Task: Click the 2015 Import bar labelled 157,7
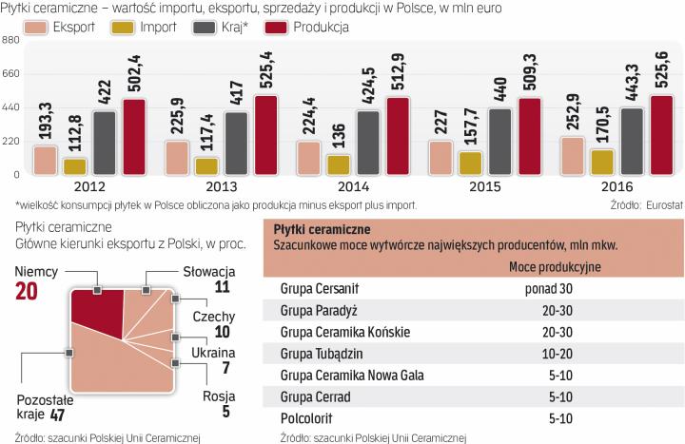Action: coord(470,163)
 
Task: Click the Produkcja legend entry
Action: coord(310,26)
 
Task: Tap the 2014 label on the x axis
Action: coord(354,187)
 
